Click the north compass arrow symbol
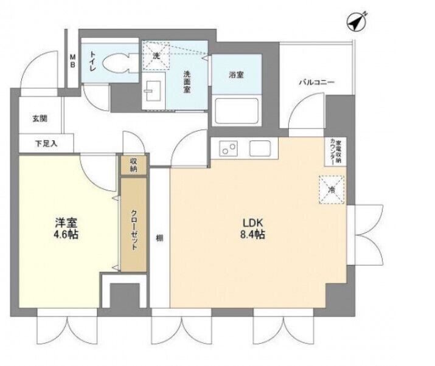coord(357,21)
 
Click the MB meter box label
coord(72,61)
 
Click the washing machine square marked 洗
coord(156,56)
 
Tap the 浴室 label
coord(237,75)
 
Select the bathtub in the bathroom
coord(237,111)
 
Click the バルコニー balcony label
coord(316,82)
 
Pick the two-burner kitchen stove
coord(228,148)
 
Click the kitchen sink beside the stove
coord(260,148)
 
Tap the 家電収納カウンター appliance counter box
coord(335,151)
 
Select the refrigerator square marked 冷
coord(332,190)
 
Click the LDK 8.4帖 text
coord(252,229)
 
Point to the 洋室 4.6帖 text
coord(66,228)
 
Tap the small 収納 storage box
coord(133,165)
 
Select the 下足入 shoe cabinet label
coord(46,143)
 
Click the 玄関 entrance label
coord(40,119)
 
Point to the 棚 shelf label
coord(159,238)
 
